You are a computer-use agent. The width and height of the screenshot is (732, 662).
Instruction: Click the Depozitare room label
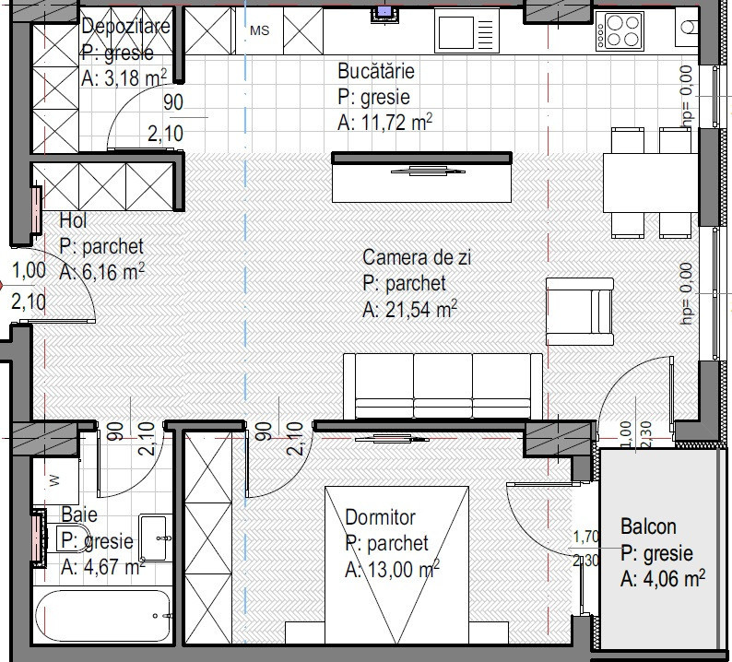[125, 25]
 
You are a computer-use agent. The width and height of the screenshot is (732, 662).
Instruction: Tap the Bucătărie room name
[376, 71]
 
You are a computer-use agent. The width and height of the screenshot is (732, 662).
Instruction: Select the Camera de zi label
[417, 257]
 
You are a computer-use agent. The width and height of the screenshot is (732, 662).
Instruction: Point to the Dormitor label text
[380, 517]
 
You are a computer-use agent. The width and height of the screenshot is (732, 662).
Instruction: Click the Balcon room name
[648, 526]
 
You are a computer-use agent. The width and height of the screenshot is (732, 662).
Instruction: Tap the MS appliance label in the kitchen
[260, 30]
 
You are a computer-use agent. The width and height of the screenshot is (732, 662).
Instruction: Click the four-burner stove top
[620, 31]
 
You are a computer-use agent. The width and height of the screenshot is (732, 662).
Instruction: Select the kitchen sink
[466, 31]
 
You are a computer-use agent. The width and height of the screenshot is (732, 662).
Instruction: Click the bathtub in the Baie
[102, 615]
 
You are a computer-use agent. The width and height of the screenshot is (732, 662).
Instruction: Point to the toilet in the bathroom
[70, 538]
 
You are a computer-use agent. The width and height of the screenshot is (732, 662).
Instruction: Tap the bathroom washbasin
[154, 538]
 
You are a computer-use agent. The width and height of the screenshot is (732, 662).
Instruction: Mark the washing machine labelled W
[55, 480]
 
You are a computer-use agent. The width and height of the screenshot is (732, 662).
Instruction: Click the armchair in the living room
[579, 312]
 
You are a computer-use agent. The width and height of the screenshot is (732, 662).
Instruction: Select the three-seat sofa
[443, 386]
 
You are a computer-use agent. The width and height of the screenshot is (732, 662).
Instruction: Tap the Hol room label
[74, 220]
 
